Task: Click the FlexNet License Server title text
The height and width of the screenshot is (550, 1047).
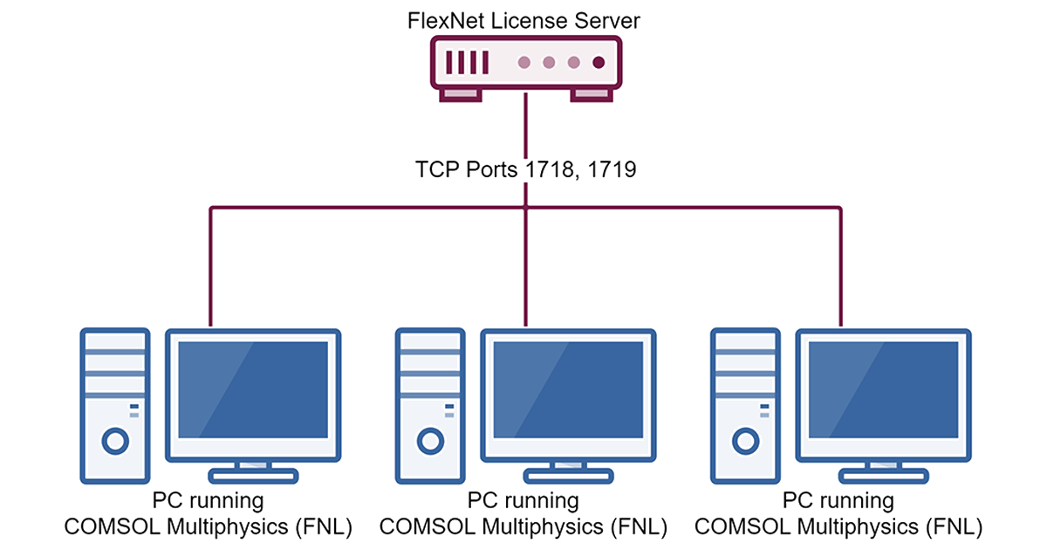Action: click(523, 21)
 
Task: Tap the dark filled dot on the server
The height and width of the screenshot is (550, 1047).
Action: click(599, 62)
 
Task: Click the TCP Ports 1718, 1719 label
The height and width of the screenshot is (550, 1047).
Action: click(525, 169)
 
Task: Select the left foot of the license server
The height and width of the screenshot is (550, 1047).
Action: click(461, 94)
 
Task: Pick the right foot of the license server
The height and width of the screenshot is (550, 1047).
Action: click(592, 94)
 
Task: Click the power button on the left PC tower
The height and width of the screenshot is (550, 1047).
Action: click(115, 441)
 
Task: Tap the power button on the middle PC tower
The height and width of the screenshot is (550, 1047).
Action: click(430, 441)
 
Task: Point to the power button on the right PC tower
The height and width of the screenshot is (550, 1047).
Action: click(745, 441)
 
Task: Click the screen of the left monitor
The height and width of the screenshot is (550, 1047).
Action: click(253, 389)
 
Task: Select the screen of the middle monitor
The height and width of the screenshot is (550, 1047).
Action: click(568, 389)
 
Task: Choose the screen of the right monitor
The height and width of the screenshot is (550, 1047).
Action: click(883, 389)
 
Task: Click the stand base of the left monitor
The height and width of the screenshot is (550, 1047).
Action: click(253, 476)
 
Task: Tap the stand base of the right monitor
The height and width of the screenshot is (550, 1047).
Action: click(883, 476)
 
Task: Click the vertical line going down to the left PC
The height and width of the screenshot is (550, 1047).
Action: click(211, 266)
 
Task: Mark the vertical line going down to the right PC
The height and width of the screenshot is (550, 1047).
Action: click(840, 266)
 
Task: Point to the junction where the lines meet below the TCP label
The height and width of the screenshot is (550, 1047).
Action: click(525, 207)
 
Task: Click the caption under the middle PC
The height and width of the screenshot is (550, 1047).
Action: click(523, 513)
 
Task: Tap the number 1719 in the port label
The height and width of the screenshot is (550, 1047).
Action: click(612, 169)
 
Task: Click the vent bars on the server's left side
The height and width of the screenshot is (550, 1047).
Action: click(467, 62)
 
